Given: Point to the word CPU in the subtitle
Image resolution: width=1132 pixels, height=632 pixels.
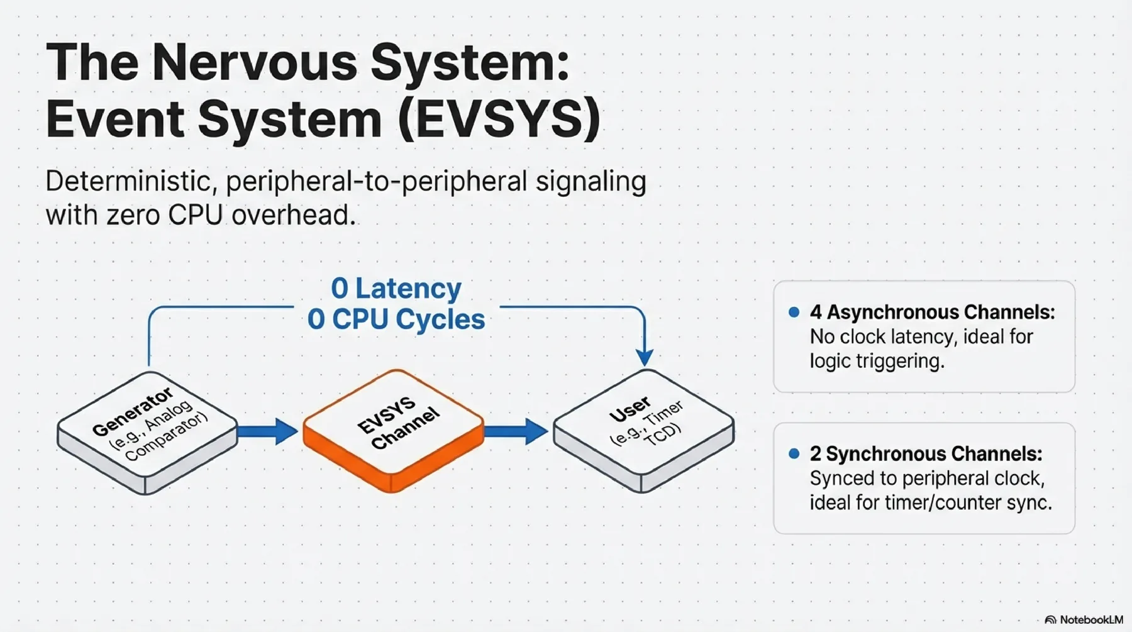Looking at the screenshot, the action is click(x=196, y=215).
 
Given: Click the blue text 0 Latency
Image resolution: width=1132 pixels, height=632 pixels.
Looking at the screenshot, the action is click(x=396, y=289).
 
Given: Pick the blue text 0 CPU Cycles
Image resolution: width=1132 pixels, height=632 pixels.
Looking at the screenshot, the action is click(x=396, y=319).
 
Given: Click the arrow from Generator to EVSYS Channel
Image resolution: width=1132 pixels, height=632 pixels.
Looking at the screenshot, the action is click(x=267, y=431).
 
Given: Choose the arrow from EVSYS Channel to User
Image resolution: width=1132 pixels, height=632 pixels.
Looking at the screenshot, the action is click(x=516, y=431).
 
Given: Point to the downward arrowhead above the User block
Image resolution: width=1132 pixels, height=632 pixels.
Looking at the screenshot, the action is click(x=645, y=357).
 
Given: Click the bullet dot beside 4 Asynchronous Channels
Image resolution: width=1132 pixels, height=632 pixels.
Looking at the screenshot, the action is click(x=794, y=312).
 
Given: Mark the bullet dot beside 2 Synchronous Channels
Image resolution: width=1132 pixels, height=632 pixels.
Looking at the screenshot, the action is click(x=794, y=453).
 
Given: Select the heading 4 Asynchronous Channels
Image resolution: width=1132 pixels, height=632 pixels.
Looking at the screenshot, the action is click(x=932, y=312).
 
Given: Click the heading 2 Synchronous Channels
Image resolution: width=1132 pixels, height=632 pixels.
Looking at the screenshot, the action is click(x=926, y=453).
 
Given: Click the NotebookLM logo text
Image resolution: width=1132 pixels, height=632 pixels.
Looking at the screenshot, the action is click(x=1091, y=619).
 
